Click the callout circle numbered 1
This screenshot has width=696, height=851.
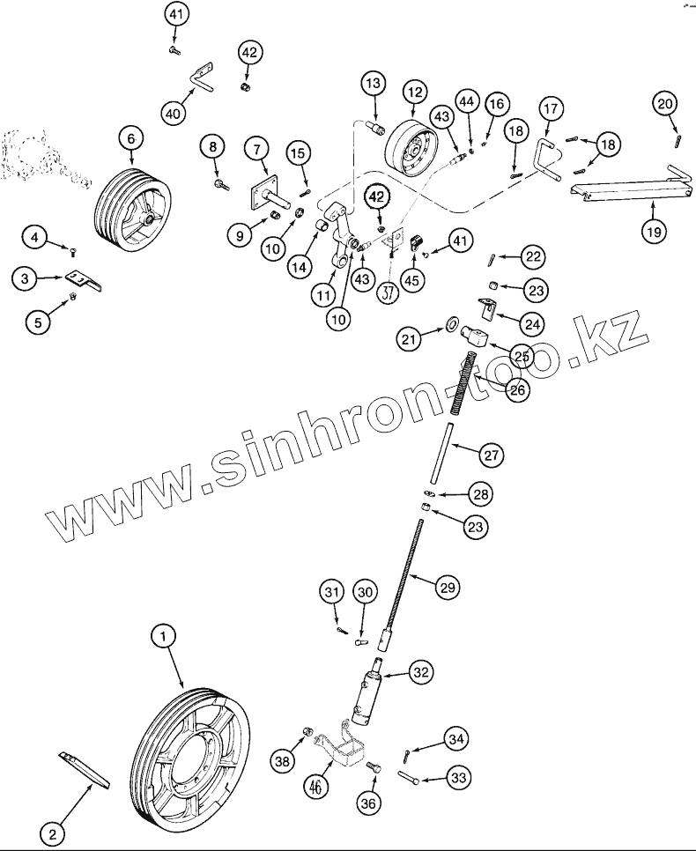[163, 634]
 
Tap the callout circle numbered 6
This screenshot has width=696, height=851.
[131, 138]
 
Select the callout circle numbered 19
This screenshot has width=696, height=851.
[653, 231]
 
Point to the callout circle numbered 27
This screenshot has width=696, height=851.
[492, 455]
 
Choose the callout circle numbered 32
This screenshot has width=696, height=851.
[420, 672]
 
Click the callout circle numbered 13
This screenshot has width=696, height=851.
[373, 85]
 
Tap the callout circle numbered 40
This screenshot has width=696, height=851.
[174, 113]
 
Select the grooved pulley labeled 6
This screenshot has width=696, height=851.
[130, 208]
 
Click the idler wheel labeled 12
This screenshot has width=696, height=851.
[415, 151]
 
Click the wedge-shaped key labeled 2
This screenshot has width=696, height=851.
[86, 769]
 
